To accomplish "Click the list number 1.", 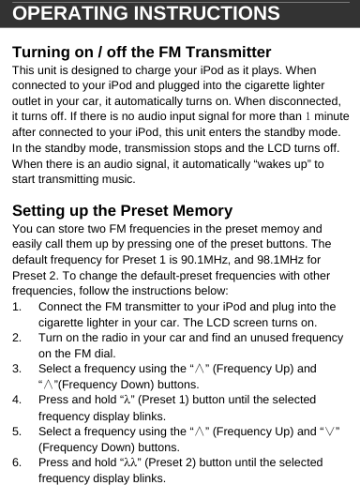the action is (x=16, y=307).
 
